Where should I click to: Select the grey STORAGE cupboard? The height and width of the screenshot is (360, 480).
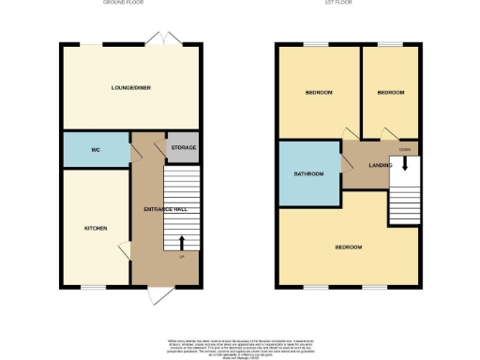click(182, 147)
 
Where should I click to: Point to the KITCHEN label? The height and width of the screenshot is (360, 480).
click(95, 229)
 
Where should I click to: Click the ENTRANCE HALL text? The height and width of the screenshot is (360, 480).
click(147, 208)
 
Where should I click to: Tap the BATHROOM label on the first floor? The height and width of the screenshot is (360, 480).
click(309, 174)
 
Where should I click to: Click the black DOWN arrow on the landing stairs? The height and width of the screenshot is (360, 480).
click(405, 164)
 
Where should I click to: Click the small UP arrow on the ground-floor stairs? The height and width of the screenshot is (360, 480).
click(181, 243)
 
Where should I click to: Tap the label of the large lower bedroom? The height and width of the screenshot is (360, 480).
click(349, 247)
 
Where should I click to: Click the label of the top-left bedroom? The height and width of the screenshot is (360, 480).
click(319, 93)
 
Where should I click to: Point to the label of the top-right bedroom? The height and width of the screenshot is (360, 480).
click(391, 93)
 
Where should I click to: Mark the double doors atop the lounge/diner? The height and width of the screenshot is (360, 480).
click(164, 39)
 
